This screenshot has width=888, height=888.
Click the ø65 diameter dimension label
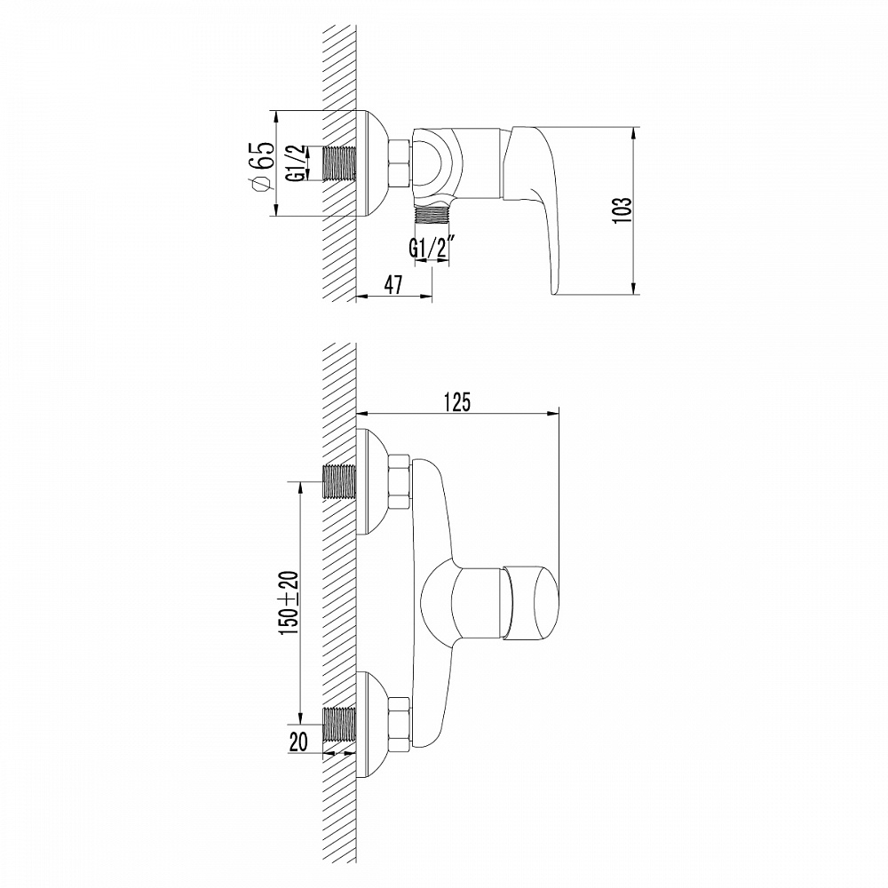[260, 164]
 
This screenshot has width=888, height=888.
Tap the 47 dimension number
[394, 285]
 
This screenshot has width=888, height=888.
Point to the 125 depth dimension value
[456, 401]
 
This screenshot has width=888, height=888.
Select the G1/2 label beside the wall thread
[295, 163]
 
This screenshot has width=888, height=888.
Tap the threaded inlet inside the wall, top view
[337, 163]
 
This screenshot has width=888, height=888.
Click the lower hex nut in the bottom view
[399, 721]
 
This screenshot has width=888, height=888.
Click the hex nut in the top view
[399, 163]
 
